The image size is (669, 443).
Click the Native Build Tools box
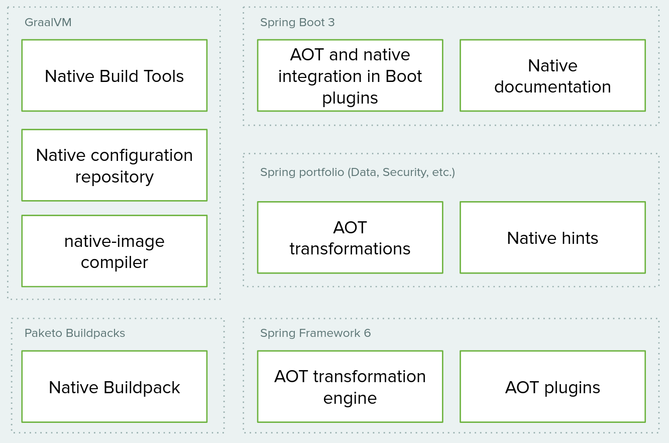coord(115,75)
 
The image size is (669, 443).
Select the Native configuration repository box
coord(115,165)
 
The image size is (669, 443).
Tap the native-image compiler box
coord(115,251)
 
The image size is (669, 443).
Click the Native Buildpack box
coord(115,387)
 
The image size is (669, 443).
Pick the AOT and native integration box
coord(350,75)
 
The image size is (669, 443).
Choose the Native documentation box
coord(552,75)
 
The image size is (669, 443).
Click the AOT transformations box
coord(350,237)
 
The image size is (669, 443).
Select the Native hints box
coord(552,237)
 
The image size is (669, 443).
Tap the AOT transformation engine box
coord(350,387)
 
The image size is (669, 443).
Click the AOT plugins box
coord(552,387)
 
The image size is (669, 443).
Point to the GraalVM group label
coord(48,23)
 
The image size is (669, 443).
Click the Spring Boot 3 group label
coord(297,23)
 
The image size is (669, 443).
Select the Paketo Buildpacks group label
coord(75,333)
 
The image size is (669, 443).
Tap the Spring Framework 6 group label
coord(315,333)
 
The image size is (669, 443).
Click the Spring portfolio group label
coord(357,172)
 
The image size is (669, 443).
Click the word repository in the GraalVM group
coord(115,177)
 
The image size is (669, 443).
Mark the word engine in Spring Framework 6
coord(350,398)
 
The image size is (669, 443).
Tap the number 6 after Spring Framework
coord(367,333)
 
